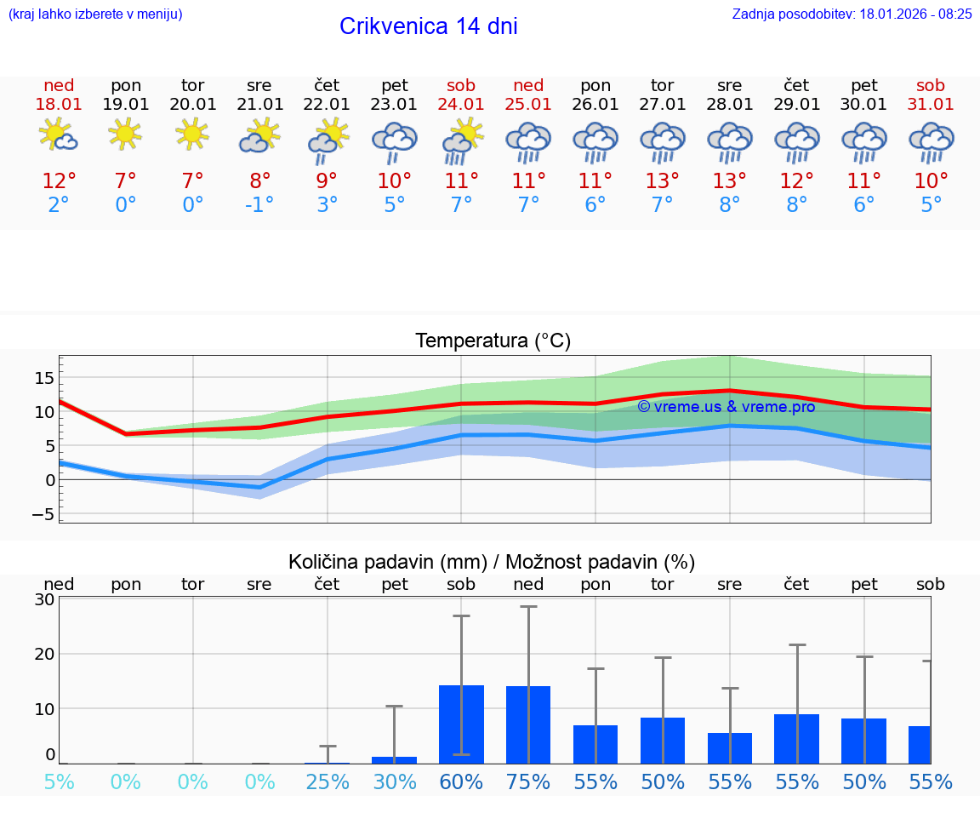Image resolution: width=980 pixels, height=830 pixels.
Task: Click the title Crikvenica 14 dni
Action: point(428,26)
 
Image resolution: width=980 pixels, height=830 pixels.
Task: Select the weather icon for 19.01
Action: point(126,135)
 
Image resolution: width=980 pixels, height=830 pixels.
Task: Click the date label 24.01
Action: point(461,104)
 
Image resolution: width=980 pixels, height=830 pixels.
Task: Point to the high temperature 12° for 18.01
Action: point(59,181)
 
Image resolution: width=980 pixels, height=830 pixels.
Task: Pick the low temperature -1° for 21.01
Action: point(259,205)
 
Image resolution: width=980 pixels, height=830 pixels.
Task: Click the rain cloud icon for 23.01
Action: point(394,141)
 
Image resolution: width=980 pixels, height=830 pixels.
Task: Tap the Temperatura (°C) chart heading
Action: point(493,341)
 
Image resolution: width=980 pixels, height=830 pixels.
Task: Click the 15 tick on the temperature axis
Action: point(44,377)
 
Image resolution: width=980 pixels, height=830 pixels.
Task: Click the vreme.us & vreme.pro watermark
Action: point(726,407)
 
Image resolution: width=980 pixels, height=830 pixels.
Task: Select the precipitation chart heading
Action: point(492,562)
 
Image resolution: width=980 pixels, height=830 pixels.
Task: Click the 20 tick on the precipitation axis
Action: point(44,654)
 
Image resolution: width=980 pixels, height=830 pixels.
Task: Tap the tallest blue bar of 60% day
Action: point(461,724)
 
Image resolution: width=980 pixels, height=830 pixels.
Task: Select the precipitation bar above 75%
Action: point(528,724)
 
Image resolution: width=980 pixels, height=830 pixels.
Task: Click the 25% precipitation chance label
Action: point(328,781)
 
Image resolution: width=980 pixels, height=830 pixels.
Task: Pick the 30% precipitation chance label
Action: point(394,781)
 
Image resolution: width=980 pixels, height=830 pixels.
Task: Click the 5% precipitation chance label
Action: point(59,781)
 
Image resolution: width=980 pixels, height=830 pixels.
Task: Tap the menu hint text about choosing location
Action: point(94,14)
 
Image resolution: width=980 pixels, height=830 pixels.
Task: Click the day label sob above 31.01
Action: point(931,85)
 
